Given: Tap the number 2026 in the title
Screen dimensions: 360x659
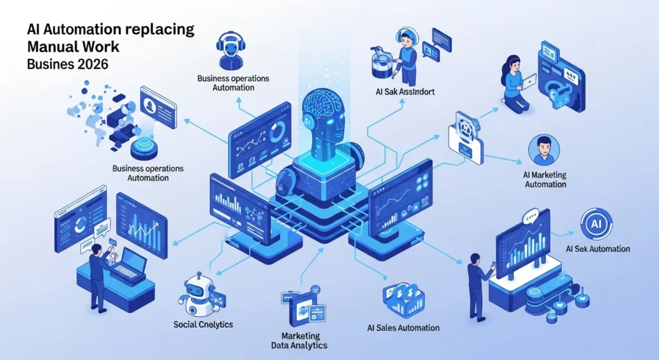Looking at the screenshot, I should point(91,64).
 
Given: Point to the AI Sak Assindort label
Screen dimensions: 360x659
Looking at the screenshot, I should point(404,92).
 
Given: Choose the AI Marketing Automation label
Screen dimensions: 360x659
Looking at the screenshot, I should point(545,179).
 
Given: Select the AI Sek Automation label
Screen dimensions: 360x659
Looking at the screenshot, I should point(597,249).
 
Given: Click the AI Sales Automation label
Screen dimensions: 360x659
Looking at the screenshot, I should point(403,328).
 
